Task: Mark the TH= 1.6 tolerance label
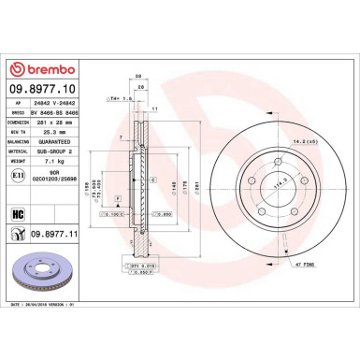pos(119,96)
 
